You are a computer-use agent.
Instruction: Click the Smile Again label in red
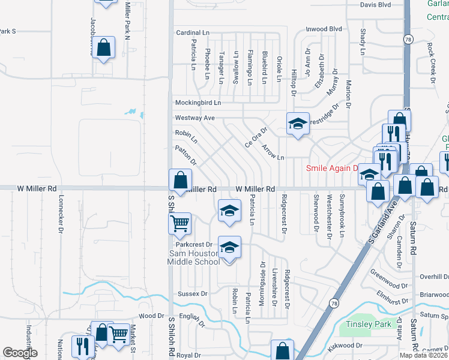(x=331, y=168)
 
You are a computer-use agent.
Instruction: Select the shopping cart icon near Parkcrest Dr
(x=179, y=224)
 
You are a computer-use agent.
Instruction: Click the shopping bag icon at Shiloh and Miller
(x=181, y=179)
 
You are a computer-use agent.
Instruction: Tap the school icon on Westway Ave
(x=297, y=124)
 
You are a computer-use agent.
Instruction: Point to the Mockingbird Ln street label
(x=197, y=103)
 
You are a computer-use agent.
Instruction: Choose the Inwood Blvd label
(x=324, y=29)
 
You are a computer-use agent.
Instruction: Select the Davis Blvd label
(x=375, y=5)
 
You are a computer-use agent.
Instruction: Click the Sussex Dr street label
(x=192, y=294)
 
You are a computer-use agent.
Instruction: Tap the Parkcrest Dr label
(x=193, y=245)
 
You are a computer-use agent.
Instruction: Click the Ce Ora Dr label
(x=255, y=137)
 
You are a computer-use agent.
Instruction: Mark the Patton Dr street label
(x=185, y=154)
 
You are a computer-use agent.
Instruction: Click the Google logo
(x=20, y=353)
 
